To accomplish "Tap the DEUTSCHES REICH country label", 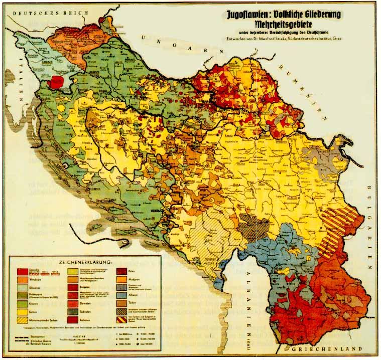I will (x=34, y=15).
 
